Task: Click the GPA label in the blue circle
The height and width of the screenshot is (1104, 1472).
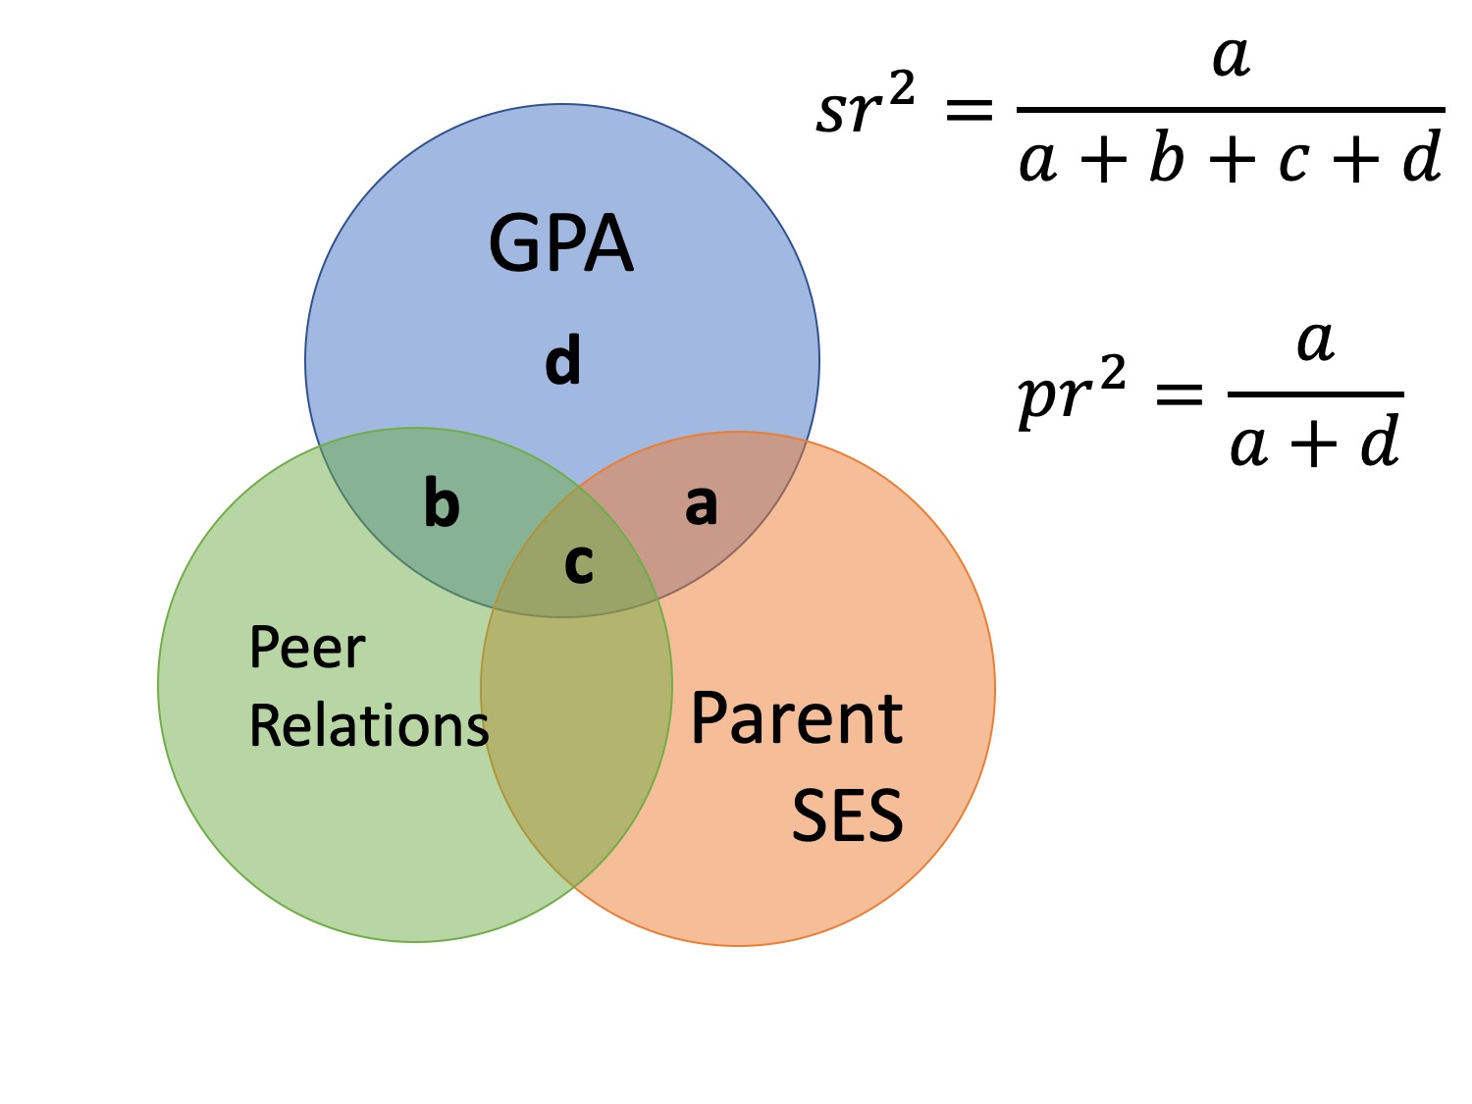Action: [560, 243]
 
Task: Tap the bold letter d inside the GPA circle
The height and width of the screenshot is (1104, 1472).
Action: [563, 360]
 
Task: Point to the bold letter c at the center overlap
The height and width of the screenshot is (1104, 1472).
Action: [579, 563]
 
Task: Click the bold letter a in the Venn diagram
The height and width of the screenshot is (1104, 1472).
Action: [701, 505]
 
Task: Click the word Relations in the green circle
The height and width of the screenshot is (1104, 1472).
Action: [369, 726]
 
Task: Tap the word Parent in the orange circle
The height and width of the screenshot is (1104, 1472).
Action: [796, 719]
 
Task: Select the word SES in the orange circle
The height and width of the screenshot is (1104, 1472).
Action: [847, 816]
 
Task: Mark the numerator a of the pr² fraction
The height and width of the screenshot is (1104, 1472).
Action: [1315, 342]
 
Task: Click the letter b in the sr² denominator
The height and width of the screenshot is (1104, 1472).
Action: [1167, 159]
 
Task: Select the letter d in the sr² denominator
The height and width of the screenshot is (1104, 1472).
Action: [1422, 157]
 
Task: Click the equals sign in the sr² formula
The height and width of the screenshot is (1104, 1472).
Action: [969, 112]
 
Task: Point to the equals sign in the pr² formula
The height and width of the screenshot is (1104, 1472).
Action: [1179, 395]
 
